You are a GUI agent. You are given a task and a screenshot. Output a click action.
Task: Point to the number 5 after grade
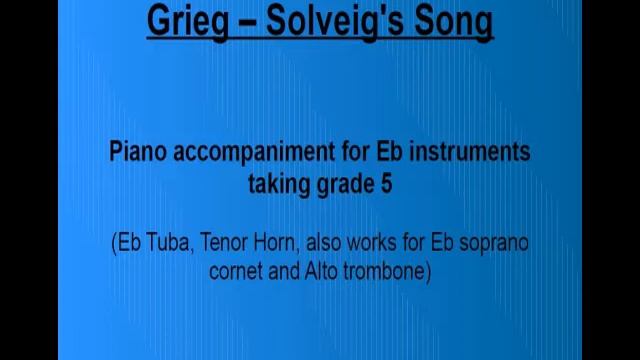(385, 183)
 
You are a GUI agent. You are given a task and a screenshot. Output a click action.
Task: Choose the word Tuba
(165, 243)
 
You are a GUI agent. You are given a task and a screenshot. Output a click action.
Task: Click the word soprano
(495, 243)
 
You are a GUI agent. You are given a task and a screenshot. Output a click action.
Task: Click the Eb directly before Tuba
(128, 243)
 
